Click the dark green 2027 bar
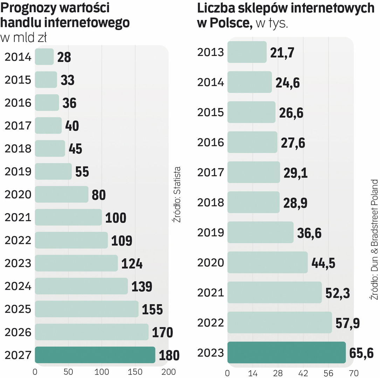tap(95, 355)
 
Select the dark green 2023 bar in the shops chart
tap(286, 352)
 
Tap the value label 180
tap(169, 355)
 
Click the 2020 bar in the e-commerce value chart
tap(61, 194)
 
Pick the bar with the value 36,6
tap(260, 232)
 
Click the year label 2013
tap(210, 52)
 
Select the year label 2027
tap(18, 355)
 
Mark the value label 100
tap(116, 218)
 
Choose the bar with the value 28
tap(44, 57)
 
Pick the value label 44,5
tap(323, 263)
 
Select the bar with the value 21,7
tap(247, 52)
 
